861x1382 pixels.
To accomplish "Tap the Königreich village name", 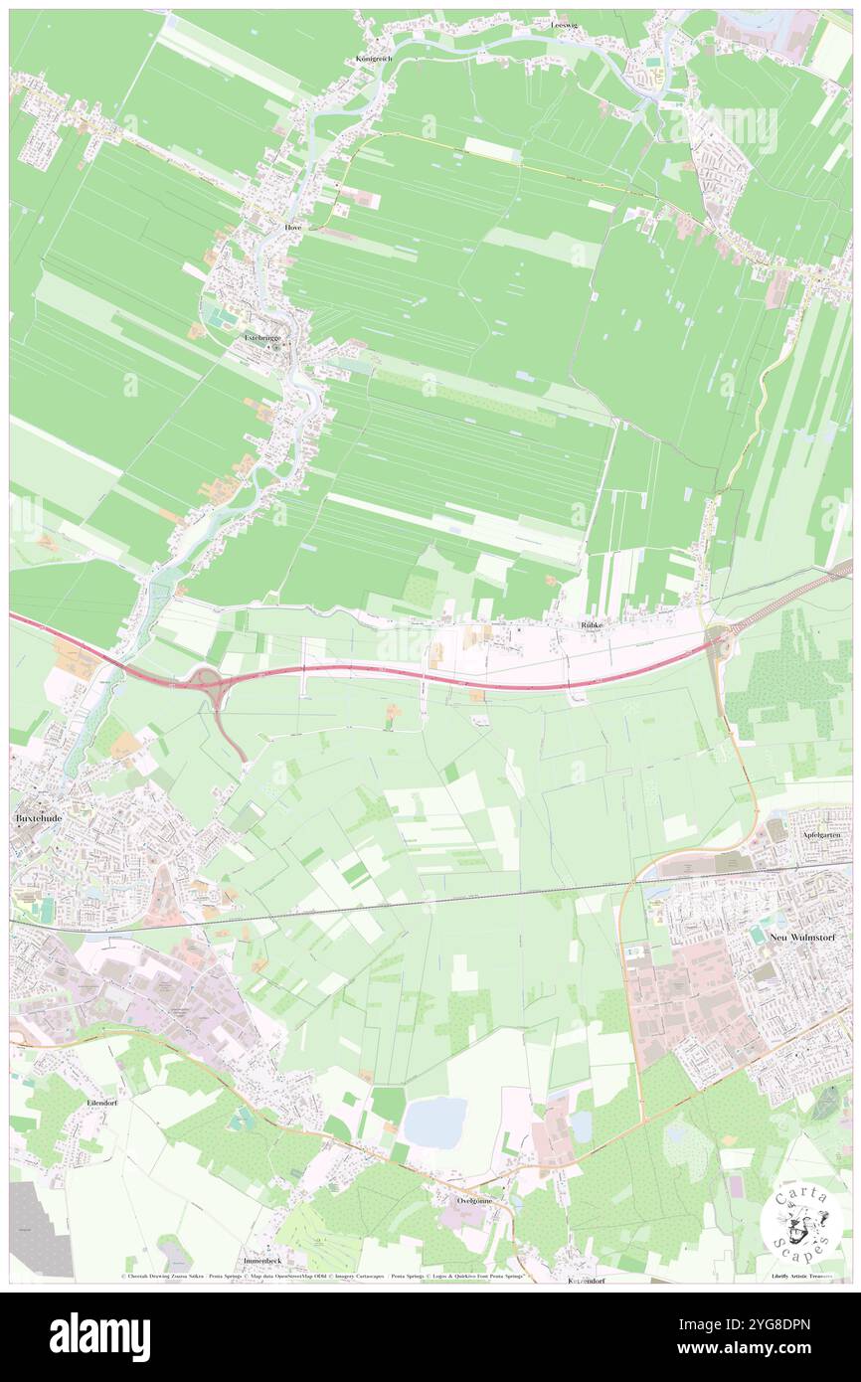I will pos(374,59).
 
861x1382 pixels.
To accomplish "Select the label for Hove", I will pos(292,227).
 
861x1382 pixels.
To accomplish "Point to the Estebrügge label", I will pos(263,337).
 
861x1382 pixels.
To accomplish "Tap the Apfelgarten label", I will pos(823,836).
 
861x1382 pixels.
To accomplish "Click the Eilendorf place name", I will pos(102,1104).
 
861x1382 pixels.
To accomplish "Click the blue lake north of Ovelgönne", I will pos(434,1122).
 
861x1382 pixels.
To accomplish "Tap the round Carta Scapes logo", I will pos(801,1222).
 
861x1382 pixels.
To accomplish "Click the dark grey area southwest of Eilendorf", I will pos(40,1228).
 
